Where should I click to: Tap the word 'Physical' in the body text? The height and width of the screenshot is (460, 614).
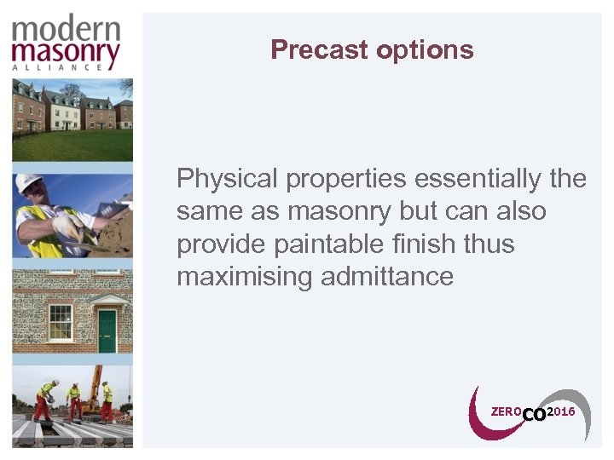[228, 179]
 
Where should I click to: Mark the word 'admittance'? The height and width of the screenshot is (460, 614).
[387, 277]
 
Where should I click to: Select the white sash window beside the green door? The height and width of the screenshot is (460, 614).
[60, 321]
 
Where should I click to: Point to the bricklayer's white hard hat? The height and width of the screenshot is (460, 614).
[30, 183]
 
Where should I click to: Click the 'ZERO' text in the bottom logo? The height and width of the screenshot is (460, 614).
[506, 412]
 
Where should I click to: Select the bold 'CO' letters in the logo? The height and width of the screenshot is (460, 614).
[534, 415]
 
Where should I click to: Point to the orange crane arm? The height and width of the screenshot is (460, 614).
[95, 379]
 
